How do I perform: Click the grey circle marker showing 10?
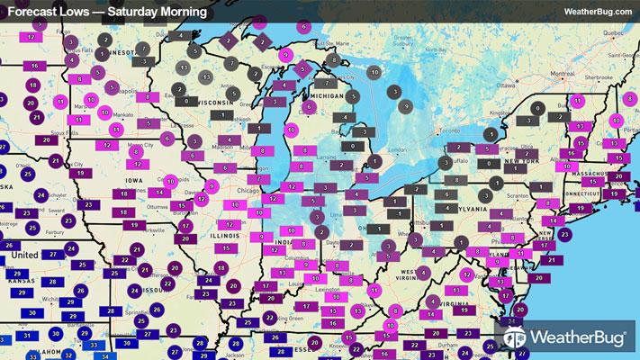(x=375, y=72)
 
